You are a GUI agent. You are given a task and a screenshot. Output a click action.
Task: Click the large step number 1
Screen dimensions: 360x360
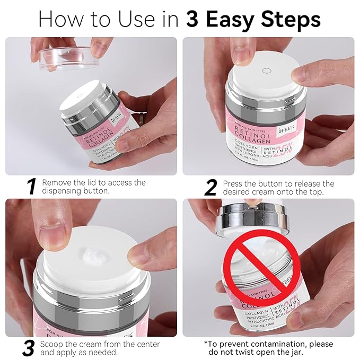[x=31, y=186]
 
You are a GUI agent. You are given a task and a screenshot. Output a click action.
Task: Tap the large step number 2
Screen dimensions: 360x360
[x=211, y=186]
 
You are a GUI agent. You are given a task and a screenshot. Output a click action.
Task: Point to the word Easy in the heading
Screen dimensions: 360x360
[x=232, y=20]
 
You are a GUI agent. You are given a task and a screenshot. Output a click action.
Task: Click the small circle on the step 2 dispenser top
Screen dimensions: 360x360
[x=267, y=71]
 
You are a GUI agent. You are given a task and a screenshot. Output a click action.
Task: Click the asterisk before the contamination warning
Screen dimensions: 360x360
[x=206, y=343]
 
